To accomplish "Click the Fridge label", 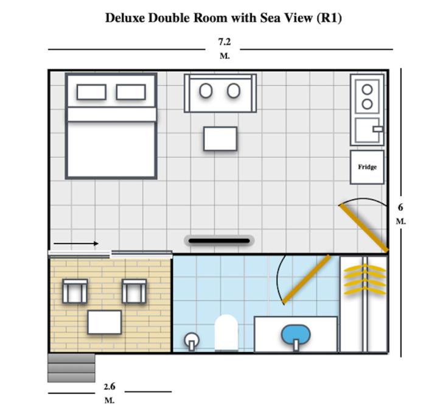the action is click(x=367, y=167).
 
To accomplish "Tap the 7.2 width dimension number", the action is click(x=225, y=41).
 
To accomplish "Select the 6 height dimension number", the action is click(x=400, y=208).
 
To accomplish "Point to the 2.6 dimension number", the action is click(x=110, y=386).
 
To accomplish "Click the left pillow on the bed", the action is click(x=91, y=92).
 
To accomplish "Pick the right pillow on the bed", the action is click(x=131, y=92).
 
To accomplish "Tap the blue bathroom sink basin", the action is click(x=296, y=335).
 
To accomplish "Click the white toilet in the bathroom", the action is click(x=226, y=333).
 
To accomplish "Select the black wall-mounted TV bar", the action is click(x=219, y=241).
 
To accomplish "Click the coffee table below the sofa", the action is click(x=220, y=139).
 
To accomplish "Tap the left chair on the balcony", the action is click(x=75, y=291).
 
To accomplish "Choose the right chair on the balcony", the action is click(x=134, y=291).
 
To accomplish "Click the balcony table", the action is click(x=104, y=322).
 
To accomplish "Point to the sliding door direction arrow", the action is click(x=76, y=244).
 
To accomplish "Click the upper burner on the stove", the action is click(x=367, y=89).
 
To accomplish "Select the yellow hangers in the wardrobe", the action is click(x=365, y=279).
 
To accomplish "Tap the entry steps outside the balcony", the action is click(x=71, y=368).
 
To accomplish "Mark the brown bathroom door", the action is click(x=306, y=279).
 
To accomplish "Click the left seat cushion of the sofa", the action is click(x=206, y=91).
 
